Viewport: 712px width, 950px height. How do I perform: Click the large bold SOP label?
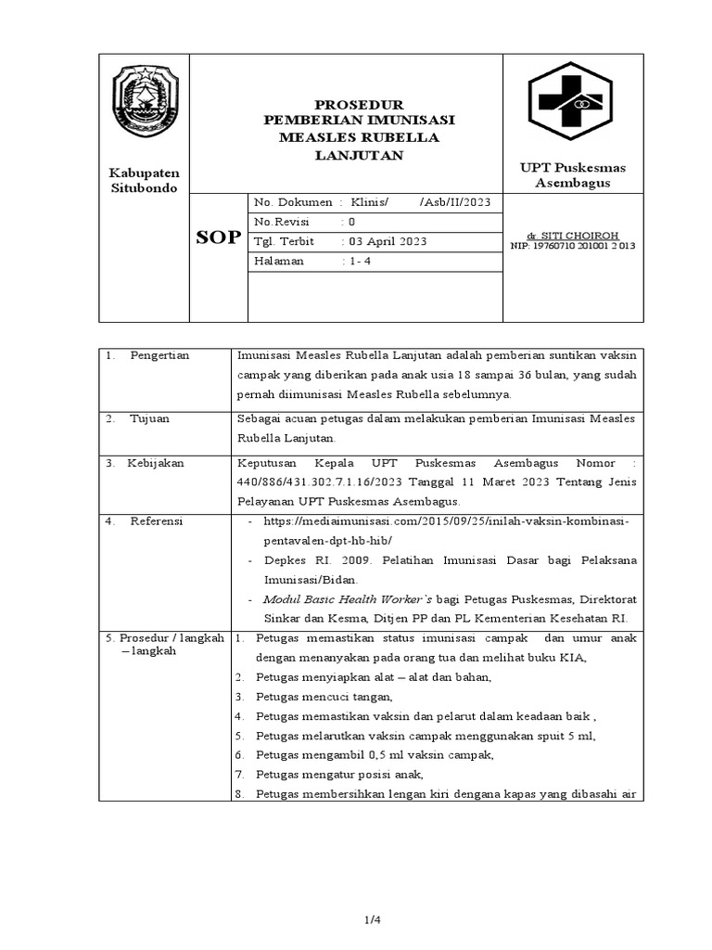(219, 238)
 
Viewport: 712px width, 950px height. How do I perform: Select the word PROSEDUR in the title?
(346, 105)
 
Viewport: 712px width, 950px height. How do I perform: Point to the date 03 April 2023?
(385, 241)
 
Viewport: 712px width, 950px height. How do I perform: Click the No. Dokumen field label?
(293, 202)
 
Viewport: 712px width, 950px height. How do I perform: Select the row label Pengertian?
(159, 356)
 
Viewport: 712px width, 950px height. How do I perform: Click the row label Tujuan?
(150, 418)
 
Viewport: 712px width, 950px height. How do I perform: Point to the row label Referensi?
(157, 521)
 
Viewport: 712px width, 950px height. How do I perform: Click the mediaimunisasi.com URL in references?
(446, 521)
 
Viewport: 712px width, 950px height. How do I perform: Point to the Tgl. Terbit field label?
(284, 241)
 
